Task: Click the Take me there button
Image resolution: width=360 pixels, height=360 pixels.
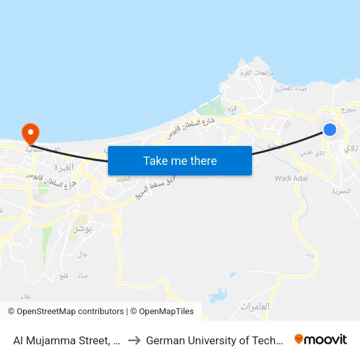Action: pos(180,160)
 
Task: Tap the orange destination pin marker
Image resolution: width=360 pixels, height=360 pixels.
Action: pos(30,133)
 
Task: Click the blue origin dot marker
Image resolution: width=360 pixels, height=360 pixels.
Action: pos(330,130)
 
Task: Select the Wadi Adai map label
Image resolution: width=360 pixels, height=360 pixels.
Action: pos(291,178)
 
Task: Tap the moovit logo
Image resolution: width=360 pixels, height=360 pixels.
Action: pos(321,340)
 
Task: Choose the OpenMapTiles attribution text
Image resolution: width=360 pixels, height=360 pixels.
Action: pos(162,312)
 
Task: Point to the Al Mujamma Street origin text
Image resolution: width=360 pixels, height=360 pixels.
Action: pos(65,340)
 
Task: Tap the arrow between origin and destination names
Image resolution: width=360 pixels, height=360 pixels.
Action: pos(134,340)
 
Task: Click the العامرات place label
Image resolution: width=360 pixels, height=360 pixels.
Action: pos(255,306)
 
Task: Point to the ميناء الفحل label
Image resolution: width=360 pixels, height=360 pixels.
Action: pos(289,88)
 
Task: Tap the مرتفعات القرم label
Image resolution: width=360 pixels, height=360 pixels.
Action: pos(256,73)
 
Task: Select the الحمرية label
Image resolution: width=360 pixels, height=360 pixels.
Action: pos(341,191)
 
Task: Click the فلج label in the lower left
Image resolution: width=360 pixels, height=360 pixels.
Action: pos(63,276)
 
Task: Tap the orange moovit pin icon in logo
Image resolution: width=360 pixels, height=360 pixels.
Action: pos(299,339)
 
